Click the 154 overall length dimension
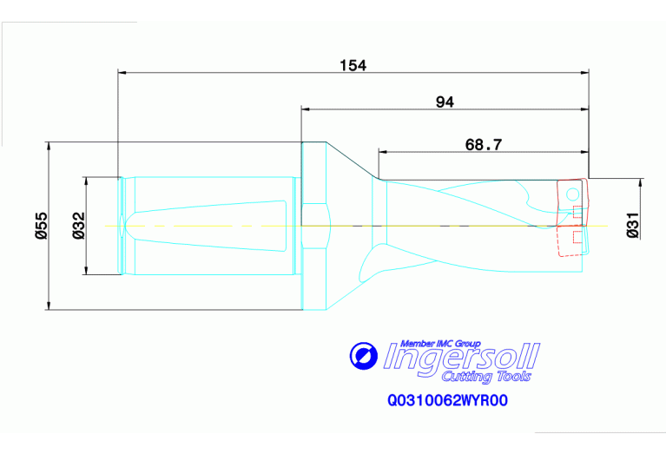[353, 64]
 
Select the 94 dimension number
[445, 102]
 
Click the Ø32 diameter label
[77, 224]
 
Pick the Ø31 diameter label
[632, 224]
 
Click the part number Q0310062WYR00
[447, 402]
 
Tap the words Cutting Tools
[486, 376]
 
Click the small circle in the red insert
[572, 193]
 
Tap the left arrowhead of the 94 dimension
[306, 109]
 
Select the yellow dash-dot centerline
[260, 226]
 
